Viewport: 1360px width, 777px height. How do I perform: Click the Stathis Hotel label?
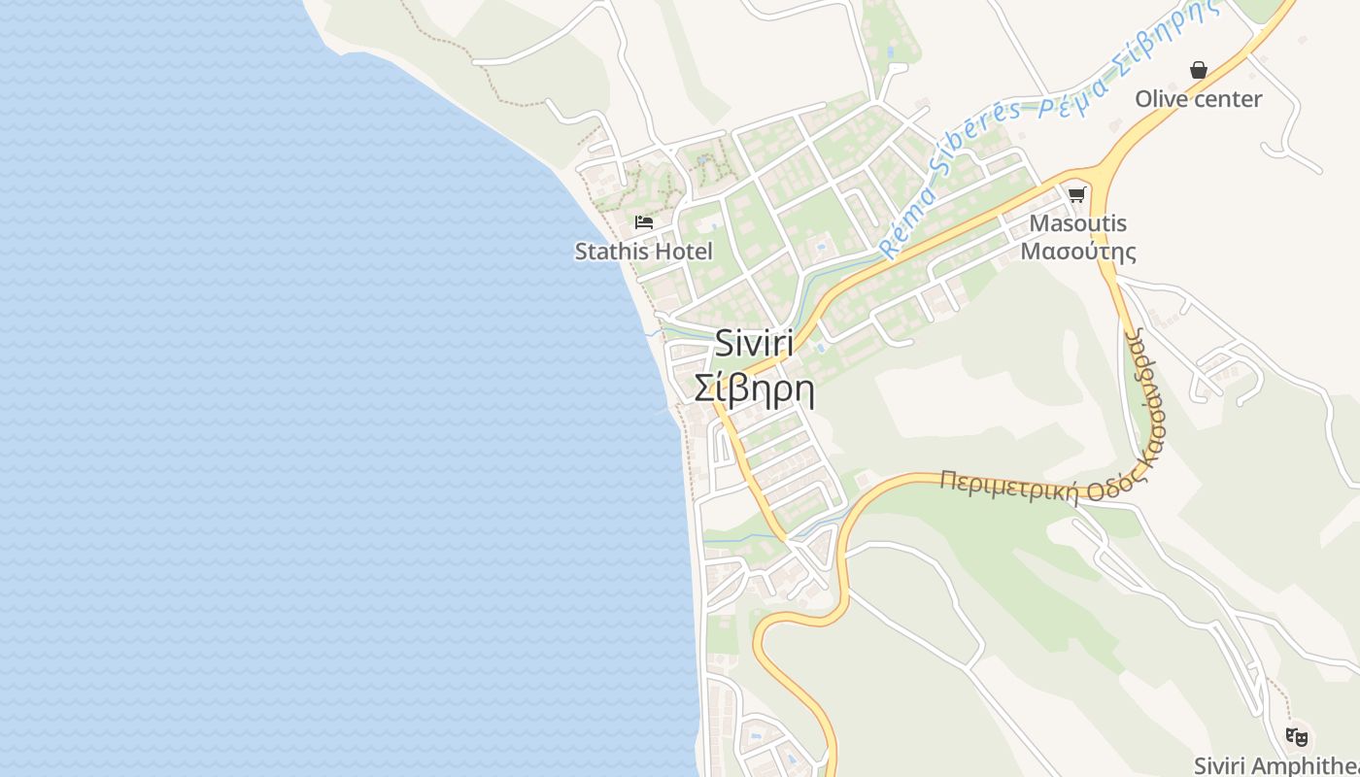643,252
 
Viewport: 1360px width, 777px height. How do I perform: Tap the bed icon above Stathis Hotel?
644,222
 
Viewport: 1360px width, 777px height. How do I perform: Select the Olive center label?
1199,99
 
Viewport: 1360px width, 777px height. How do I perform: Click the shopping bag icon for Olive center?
1199,70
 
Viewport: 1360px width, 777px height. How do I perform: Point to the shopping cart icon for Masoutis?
1076,194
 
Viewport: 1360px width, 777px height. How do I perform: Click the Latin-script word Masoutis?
1078,223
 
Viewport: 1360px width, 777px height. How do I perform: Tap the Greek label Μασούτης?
1078,252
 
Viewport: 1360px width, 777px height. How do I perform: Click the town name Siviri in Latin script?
755,343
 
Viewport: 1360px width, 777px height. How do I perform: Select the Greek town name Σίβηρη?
755,388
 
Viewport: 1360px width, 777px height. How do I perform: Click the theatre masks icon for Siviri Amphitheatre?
1296,737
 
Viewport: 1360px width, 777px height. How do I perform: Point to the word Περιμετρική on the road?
1009,486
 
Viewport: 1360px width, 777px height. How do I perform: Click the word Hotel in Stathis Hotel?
681,252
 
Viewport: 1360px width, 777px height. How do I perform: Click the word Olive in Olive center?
1160,99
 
